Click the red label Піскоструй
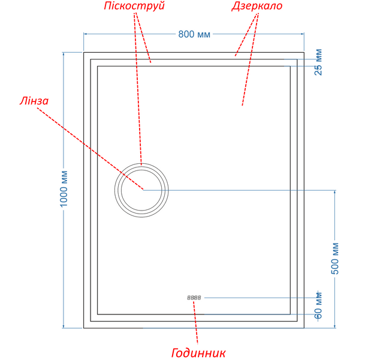tap(134, 6)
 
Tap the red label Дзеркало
tap(257, 6)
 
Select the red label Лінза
tap(34, 101)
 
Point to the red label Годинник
tap(198, 353)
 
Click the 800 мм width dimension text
tap(194, 34)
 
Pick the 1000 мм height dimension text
tap(64, 188)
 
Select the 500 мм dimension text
tap(335, 259)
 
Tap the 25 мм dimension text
tap(318, 62)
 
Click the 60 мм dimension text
tap(318, 305)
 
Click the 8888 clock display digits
tap(194, 298)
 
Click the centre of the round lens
tap(141, 190)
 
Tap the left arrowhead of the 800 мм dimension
tap(85, 34)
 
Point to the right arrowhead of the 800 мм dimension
tap(303, 34)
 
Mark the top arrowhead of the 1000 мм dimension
tap(64, 53)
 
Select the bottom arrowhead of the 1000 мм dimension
tap(64, 327)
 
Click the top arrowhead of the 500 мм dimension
tap(335, 191)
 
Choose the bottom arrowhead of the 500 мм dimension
tap(335, 327)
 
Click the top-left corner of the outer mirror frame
tap(84, 53)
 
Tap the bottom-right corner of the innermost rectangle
tap(290, 314)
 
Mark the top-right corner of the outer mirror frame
tap(304, 53)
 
